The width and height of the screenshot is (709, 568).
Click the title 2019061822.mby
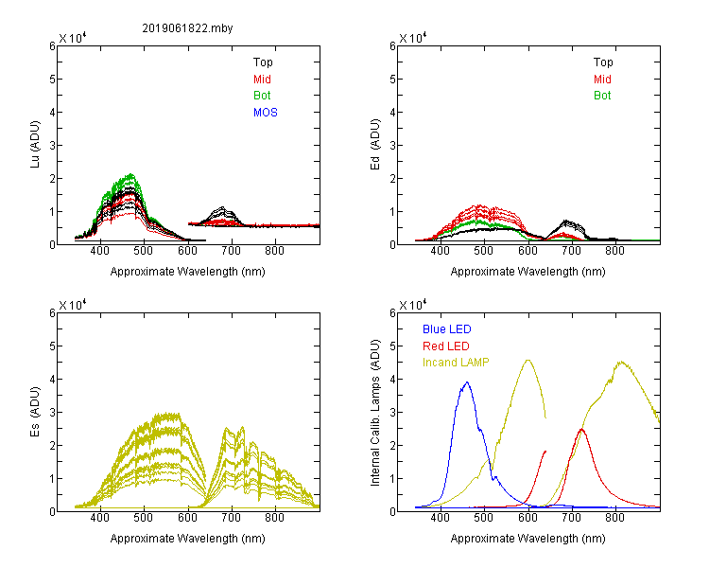click(187, 28)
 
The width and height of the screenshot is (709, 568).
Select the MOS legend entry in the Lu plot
click(266, 113)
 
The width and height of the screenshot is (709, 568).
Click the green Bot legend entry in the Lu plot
click(262, 96)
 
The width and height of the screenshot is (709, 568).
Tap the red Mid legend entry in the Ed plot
click(602, 80)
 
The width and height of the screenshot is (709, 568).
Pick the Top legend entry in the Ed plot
click(603, 62)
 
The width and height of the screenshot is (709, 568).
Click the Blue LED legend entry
click(447, 329)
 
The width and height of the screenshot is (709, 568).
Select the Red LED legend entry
click(446, 346)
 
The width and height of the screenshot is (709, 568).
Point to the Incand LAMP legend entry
click(456, 363)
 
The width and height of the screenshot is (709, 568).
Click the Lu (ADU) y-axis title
click(35, 144)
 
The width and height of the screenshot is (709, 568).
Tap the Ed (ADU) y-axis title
click(375, 145)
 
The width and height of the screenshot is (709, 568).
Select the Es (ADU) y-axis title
click(35, 412)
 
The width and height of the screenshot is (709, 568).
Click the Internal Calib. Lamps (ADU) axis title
click(375, 413)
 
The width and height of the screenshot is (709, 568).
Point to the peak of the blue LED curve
click(467, 382)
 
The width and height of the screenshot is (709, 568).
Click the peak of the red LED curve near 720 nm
click(581, 429)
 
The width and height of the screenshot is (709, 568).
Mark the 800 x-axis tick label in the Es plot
click(274, 518)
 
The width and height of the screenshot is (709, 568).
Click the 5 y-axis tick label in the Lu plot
click(52, 80)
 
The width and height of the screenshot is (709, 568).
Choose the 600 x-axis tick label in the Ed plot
click(527, 251)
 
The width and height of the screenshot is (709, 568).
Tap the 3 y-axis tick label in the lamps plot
click(392, 413)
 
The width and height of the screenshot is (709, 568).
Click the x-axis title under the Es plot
click(188, 539)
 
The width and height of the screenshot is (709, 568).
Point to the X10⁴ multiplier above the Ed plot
click(412, 37)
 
